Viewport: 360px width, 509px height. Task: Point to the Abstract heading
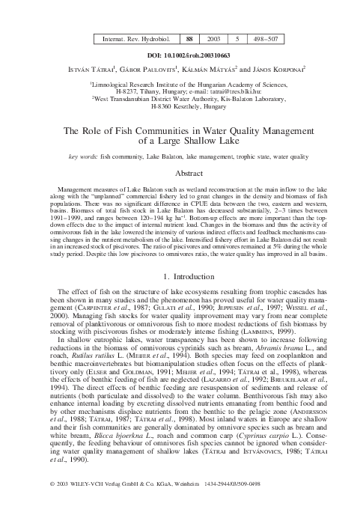coord(180,172)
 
